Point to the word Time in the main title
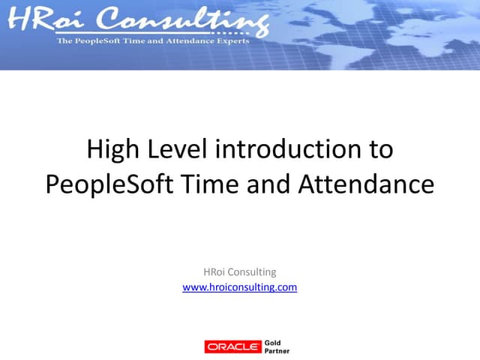tap(210, 184)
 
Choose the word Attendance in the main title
tap(367, 184)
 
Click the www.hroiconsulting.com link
tap(240, 286)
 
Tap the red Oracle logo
tap(232, 346)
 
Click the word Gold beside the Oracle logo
tap(274, 342)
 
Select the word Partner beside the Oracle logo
tap(277, 350)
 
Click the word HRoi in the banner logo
tap(43, 19)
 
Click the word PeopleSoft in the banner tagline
tap(98, 40)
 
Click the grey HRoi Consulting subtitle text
tap(240, 271)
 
